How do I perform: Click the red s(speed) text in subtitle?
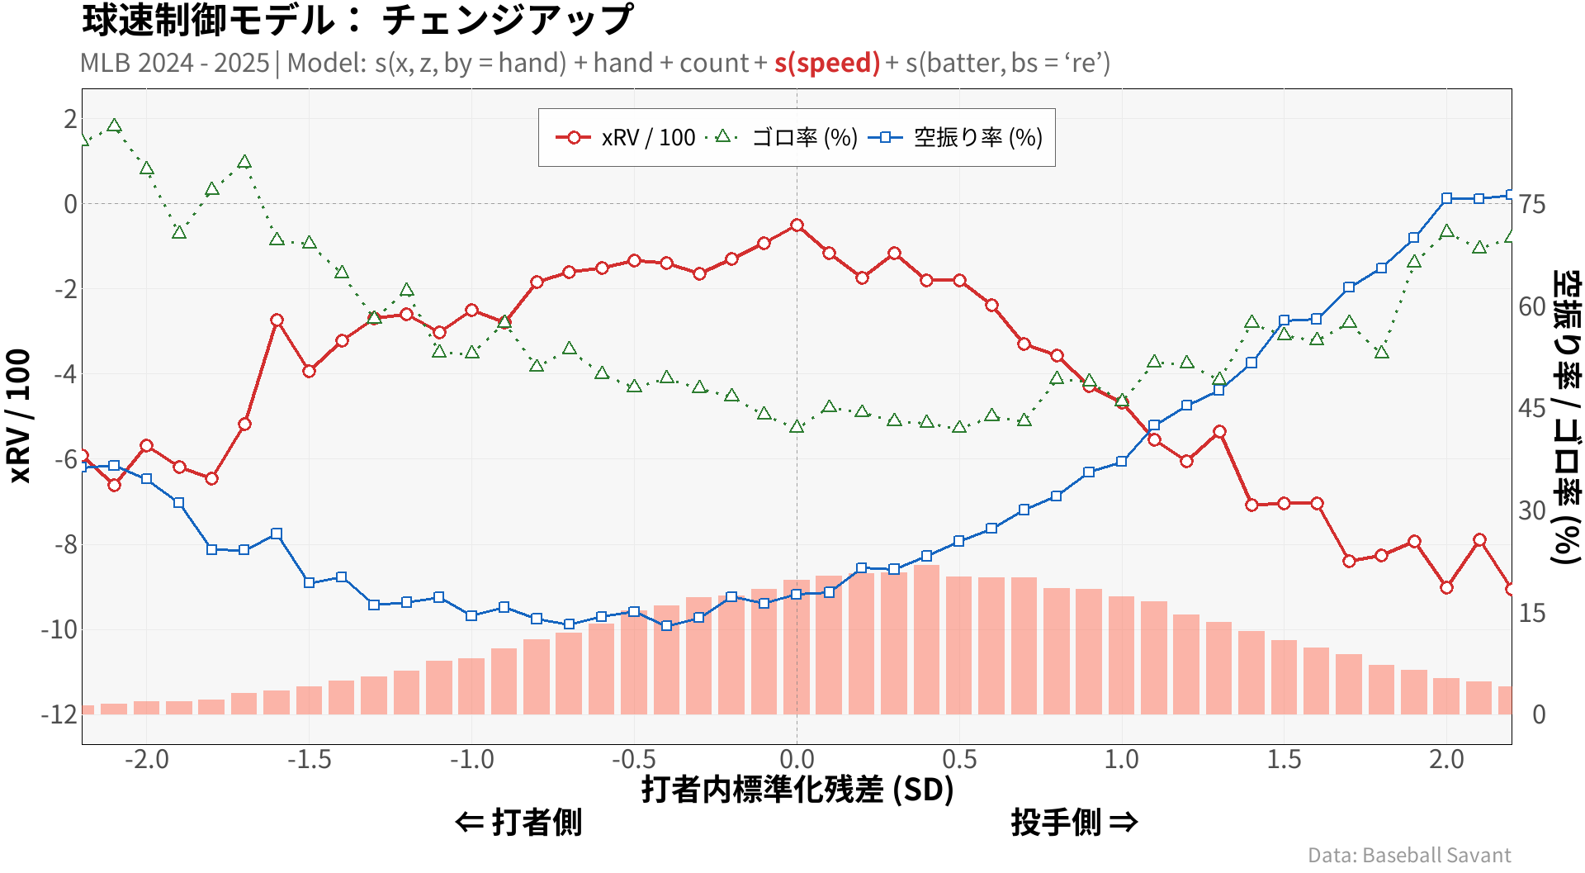(x=827, y=63)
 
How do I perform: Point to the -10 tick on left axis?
(x=59, y=629)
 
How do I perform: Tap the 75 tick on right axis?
(x=1532, y=204)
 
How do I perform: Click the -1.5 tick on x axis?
(x=309, y=759)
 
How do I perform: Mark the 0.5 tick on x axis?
(x=959, y=759)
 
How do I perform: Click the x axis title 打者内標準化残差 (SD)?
(x=797, y=790)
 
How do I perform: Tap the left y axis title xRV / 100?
(x=18, y=415)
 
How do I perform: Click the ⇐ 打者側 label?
(x=518, y=823)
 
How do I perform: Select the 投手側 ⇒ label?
(x=1074, y=823)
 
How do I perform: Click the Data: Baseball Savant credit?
(x=1409, y=855)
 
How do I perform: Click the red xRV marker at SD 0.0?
(x=797, y=225)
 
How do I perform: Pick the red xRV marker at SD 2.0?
(x=1446, y=587)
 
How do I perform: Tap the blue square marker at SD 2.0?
(x=1446, y=199)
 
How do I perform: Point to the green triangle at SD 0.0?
(x=797, y=427)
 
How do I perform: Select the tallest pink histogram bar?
(x=926, y=640)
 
